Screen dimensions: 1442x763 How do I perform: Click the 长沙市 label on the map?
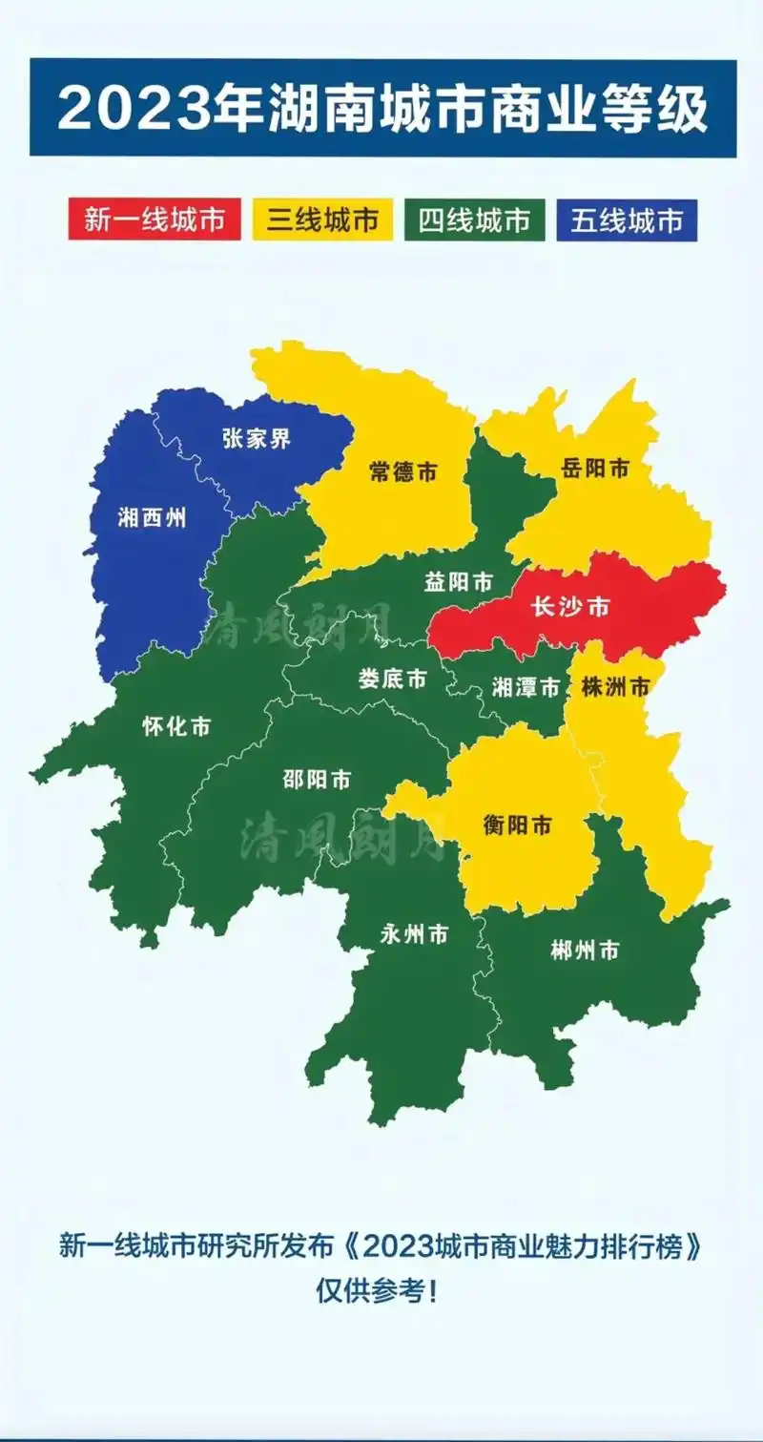point(569,608)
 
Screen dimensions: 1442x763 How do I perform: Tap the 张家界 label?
point(256,439)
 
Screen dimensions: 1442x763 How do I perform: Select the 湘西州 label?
point(151,518)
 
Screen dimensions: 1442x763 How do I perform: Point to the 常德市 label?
point(402,471)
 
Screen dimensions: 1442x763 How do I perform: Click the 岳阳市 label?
point(595,469)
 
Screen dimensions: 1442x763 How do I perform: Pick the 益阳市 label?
point(459,581)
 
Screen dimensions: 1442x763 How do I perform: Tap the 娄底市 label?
point(392,679)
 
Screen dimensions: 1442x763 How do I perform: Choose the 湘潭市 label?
point(526,687)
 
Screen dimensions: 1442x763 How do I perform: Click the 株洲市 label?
point(615,686)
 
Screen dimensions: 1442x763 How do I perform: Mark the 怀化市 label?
point(175,726)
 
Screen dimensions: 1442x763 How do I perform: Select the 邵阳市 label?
point(317,780)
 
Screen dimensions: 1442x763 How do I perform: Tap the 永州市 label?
point(413,935)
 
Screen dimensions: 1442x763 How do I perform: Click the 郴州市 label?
point(585,951)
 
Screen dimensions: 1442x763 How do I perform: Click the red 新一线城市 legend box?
point(155,220)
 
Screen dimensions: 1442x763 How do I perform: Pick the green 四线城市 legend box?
point(474,220)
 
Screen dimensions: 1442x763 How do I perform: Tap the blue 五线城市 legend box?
point(628,220)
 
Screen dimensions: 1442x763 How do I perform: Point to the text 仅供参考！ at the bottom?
point(380,1292)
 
